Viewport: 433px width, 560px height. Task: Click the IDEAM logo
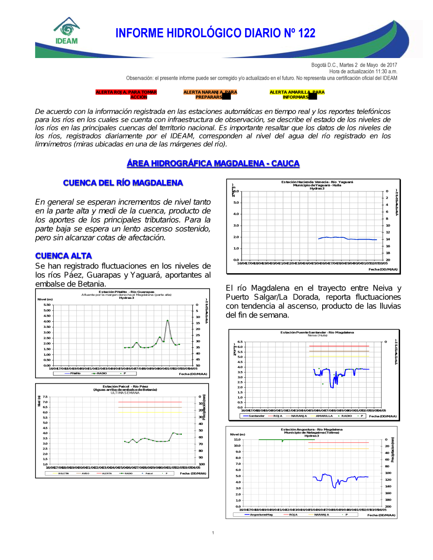[67, 31]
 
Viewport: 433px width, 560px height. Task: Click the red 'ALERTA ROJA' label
[126, 94]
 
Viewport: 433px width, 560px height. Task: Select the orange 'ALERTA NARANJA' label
[210, 94]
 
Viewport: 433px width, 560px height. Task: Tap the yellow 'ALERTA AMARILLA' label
[297, 94]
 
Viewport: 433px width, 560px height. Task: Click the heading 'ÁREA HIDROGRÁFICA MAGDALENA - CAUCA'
[213, 163]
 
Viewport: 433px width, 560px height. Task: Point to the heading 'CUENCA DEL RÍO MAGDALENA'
[123, 183]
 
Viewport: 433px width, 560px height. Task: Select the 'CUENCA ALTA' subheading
[64, 256]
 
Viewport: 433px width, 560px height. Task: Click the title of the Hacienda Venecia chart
[317, 182]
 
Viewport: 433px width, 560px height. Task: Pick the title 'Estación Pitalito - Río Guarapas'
[126, 292]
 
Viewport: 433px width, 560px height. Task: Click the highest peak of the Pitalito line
[168, 320]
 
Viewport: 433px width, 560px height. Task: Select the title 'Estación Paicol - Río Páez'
[125, 386]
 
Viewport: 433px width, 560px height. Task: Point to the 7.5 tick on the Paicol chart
[45, 397]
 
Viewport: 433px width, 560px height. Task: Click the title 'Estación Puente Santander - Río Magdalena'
[317, 332]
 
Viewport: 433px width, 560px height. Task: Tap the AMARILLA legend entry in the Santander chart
[324, 416]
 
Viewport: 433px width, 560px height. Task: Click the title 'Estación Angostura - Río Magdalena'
[311, 430]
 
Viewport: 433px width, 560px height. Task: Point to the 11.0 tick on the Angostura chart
[237, 440]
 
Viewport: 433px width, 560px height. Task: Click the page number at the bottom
[213, 533]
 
